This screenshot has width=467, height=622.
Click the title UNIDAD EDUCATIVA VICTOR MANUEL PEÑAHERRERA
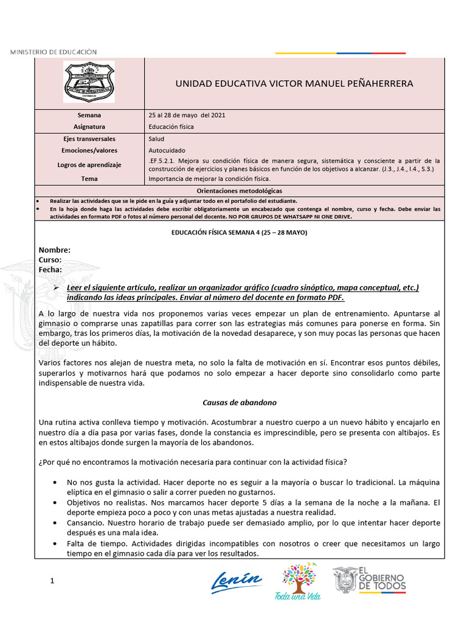pyautogui.click(x=294, y=83)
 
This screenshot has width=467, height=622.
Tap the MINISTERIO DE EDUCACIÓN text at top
pyautogui.click(x=53, y=52)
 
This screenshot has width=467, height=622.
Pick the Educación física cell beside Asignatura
pyautogui.click(x=171, y=127)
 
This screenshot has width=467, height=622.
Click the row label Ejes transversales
pyautogui.click(x=89, y=139)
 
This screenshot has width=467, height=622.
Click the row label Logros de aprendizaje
pyautogui.click(x=89, y=165)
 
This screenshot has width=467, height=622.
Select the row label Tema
pyautogui.click(x=89, y=179)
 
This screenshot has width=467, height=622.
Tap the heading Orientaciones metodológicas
pyautogui.click(x=239, y=190)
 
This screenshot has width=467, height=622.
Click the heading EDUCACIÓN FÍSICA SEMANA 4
pyautogui.click(x=239, y=233)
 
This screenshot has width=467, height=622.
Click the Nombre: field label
pyautogui.click(x=55, y=250)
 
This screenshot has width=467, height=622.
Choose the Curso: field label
pyautogui.click(x=50, y=260)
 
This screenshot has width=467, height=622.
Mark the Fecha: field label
pyautogui.click(x=50, y=269)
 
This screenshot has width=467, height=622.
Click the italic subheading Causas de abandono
pyautogui.click(x=239, y=402)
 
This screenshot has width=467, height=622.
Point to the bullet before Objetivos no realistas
pyautogui.click(x=55, y=503)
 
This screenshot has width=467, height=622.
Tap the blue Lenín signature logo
pyautogui.click(x=237, y=580)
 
